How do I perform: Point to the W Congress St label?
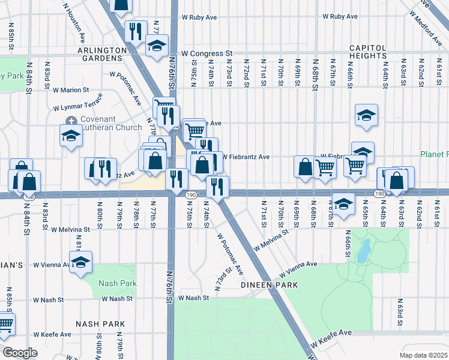pos(207,53)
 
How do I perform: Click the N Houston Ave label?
pos(74,22)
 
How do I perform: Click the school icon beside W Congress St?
pos(156,46)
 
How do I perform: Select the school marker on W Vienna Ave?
pos(80,262)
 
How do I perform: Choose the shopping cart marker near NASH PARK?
pos(5,324)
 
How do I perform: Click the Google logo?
pos(19,353)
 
